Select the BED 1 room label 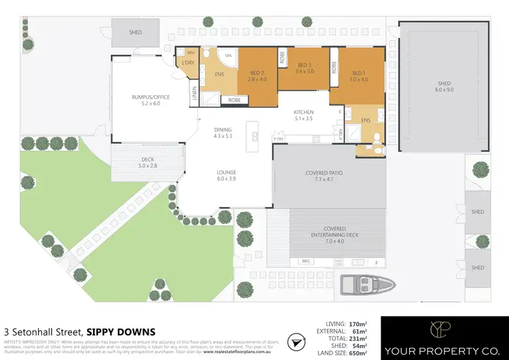[358, 74]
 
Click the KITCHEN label [303, 111]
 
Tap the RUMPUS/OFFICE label [151, 97]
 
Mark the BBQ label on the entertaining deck [295, 261]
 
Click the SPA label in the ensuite [229, 56]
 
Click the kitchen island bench [254, 136]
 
